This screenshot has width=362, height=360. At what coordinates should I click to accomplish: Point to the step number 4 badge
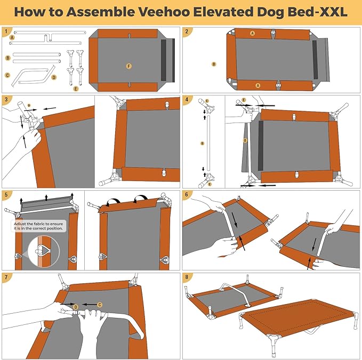point(187,100)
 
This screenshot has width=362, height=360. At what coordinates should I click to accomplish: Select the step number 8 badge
point(187,277)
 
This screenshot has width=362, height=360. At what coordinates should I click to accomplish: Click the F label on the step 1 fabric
point(128,66)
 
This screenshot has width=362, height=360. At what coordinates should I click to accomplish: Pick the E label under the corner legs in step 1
point(76,88)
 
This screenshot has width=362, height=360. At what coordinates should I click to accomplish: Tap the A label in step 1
point(12,38)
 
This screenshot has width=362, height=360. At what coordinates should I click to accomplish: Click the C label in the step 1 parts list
point(7,75)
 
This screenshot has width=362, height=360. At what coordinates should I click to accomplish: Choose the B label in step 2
point(214,64)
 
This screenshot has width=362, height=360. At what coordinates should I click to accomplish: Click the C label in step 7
point(100,304)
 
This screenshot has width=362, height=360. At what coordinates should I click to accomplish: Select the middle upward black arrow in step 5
point(45,198)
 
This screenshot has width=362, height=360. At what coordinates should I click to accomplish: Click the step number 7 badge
point(6,277)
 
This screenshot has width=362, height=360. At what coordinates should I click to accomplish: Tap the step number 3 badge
point(6,100)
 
